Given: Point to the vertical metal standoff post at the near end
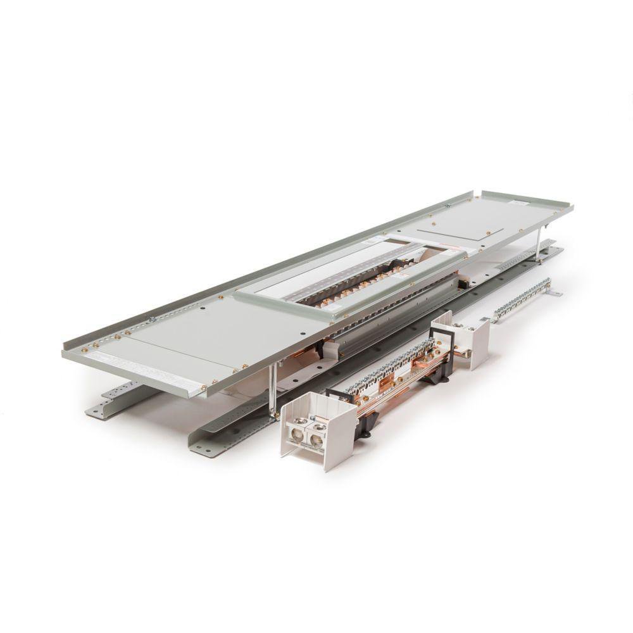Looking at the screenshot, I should coord(272,389).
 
